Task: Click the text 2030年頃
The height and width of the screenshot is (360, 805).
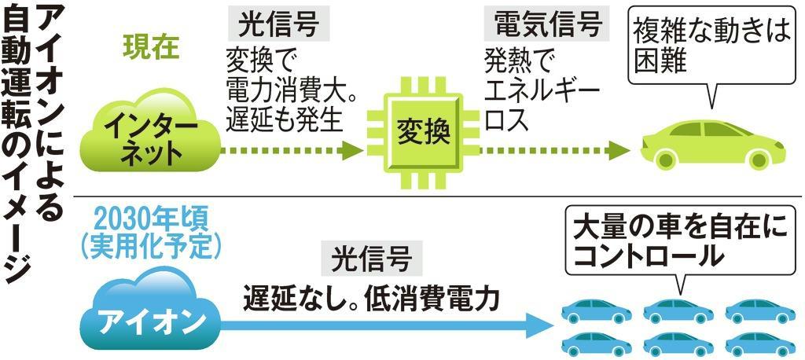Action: tap(148, 219)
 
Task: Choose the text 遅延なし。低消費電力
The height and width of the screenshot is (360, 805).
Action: tap(370, 298)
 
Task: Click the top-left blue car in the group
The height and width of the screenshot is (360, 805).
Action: tap(597, 310)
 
